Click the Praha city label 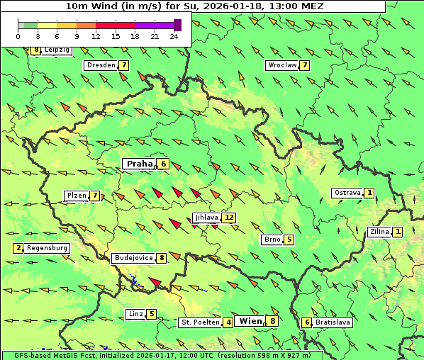point(139,164)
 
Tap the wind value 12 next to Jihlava point(229,218)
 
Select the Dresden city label point(101,65)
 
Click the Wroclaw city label point(281,65)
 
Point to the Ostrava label point(347,193)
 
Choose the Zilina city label point(379,232)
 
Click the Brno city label point(272,240)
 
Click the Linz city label point(135,314)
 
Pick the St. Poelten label point(199,322)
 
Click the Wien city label point(250,321)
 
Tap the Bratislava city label point(333,322)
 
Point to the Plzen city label point(77,196)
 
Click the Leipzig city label point(57,50)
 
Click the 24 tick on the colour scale point(174,36)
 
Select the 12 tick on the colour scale point(96,36)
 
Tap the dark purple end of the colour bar point(177,25)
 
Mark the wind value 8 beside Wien point(273,321)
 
